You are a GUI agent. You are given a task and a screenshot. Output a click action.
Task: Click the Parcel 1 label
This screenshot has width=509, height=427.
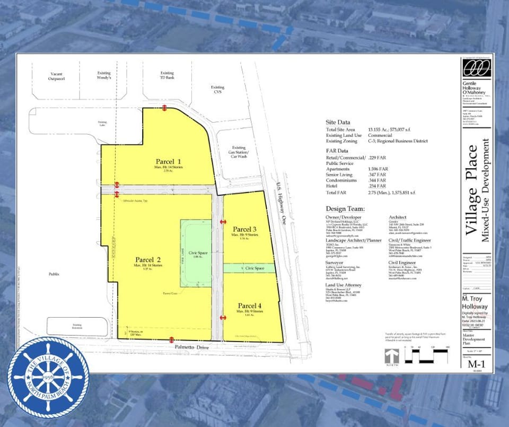[x=169, y=161]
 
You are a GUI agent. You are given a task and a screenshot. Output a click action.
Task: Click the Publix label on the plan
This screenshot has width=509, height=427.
[x=54, y=274]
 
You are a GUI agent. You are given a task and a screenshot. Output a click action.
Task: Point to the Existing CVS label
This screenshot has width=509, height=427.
[x=217, y=89]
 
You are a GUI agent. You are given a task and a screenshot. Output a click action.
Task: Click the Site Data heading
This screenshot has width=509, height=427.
[x=337, y=122]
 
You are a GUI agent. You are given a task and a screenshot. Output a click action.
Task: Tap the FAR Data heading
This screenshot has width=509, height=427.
[x=337, y=151]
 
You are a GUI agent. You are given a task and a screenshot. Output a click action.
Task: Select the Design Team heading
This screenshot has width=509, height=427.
[x=343, y=208]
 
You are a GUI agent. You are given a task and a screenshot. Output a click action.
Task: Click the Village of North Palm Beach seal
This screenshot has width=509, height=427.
[x=48, y=377]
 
